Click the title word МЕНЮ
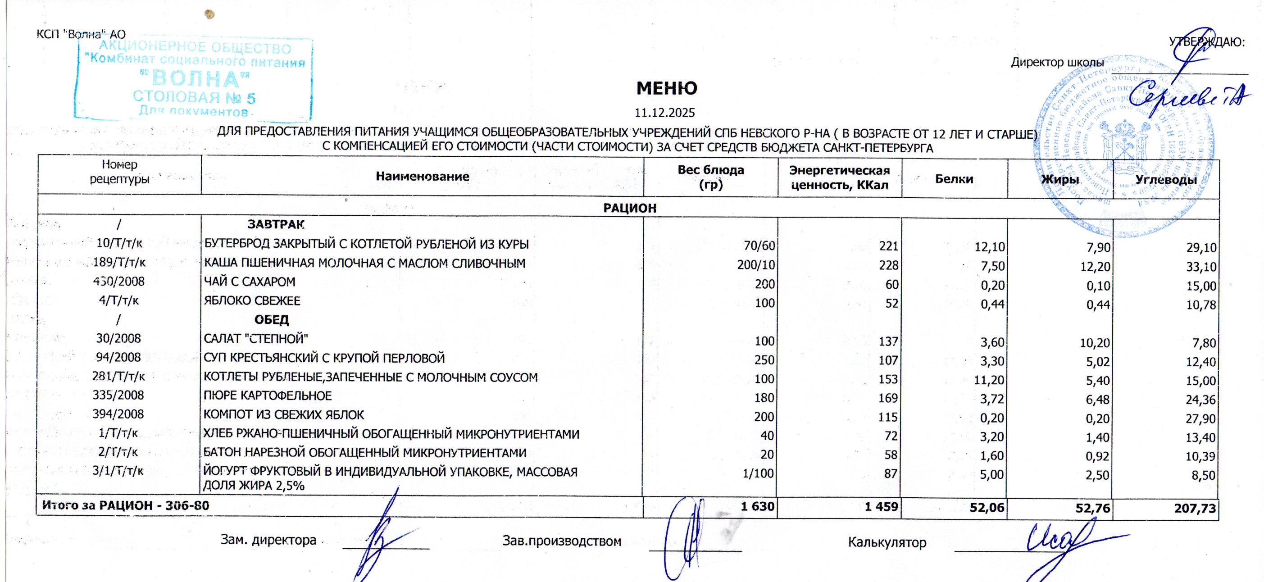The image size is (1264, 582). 666,88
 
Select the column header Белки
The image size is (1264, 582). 954,179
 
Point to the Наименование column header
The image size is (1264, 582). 422,177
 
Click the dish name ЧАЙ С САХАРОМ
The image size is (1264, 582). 249,282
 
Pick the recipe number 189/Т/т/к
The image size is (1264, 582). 119,263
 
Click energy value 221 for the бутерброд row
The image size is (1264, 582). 888,246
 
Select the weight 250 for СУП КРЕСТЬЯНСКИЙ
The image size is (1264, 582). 764,360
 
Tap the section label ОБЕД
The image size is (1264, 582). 271,320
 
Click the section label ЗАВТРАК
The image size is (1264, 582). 276,224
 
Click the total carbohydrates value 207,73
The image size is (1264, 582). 1195,509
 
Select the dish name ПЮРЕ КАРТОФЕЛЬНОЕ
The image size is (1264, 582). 268,396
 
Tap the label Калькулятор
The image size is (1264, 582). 887,542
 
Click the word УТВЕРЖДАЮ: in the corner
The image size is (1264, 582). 1207,42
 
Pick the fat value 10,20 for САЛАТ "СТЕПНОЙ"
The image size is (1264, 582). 1095,342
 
